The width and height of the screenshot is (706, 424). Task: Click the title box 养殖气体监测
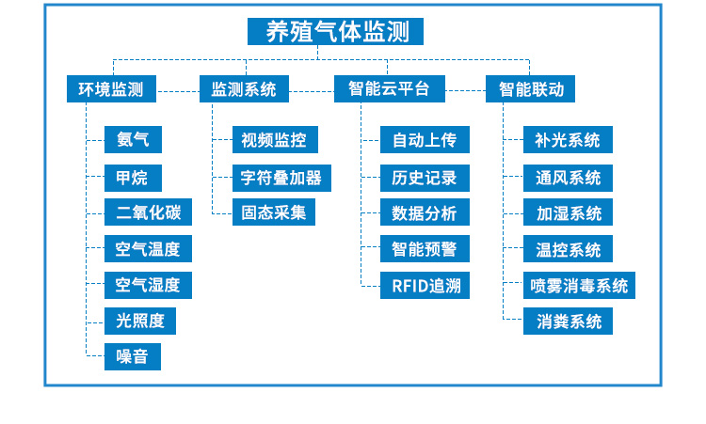tap(336, 32)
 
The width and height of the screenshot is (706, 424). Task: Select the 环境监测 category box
tap(111, 89)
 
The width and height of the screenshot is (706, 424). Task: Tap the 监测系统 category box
tap(244, 89)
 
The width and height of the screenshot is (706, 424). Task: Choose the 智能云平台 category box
tap(389, 89)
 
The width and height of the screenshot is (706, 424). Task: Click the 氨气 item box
tap(132, 140)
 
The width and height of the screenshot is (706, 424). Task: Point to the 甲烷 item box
tap(132, 177)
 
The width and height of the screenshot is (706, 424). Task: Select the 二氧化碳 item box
tap(148, 212)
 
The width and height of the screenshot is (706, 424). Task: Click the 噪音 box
tap(132, 356)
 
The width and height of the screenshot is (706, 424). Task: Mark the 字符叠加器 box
tap(281, 177)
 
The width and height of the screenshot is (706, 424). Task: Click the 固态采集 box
tap(274, 212)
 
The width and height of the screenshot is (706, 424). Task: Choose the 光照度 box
tap(140, 321)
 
